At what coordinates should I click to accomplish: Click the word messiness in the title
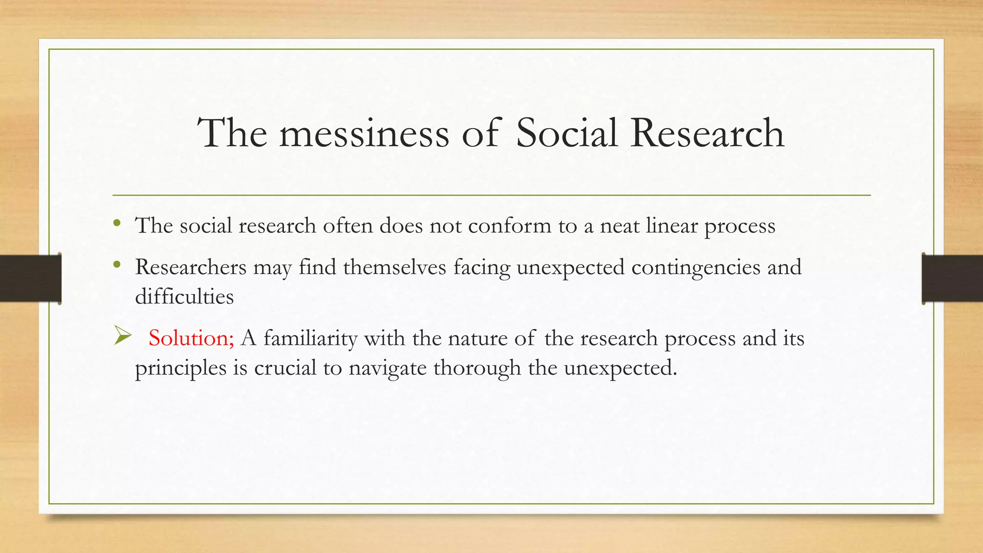tap(364, 133)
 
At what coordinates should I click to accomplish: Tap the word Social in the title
tap(566, 133)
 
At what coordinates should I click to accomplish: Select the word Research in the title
tap(707, 133)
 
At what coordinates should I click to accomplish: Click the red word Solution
tap(191, 338)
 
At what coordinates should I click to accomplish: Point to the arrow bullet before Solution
tap(123, 336)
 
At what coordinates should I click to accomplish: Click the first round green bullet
tap(117, 223)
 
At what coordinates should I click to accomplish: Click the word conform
tap(510, 226)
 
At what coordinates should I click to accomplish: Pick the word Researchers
tap(191, 267)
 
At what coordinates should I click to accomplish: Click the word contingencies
tap(696, 268)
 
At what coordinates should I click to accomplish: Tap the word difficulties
tap(184, 296)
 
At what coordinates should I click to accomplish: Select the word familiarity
tap(311, 339)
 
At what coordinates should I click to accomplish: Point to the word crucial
tap(285, 368)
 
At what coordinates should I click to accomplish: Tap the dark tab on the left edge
tap(30, 278)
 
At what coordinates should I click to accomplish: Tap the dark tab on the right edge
tap(952, 278)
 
